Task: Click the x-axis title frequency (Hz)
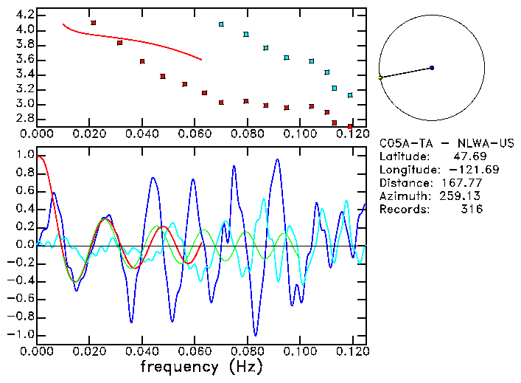point(201,366)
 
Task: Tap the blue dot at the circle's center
point(432,68)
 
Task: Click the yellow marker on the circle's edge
point(380,77)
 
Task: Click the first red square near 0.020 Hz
point(94,23)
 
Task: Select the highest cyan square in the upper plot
point(221,24)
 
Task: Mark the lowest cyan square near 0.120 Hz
point(350,95)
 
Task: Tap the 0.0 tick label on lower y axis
point(26,245)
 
